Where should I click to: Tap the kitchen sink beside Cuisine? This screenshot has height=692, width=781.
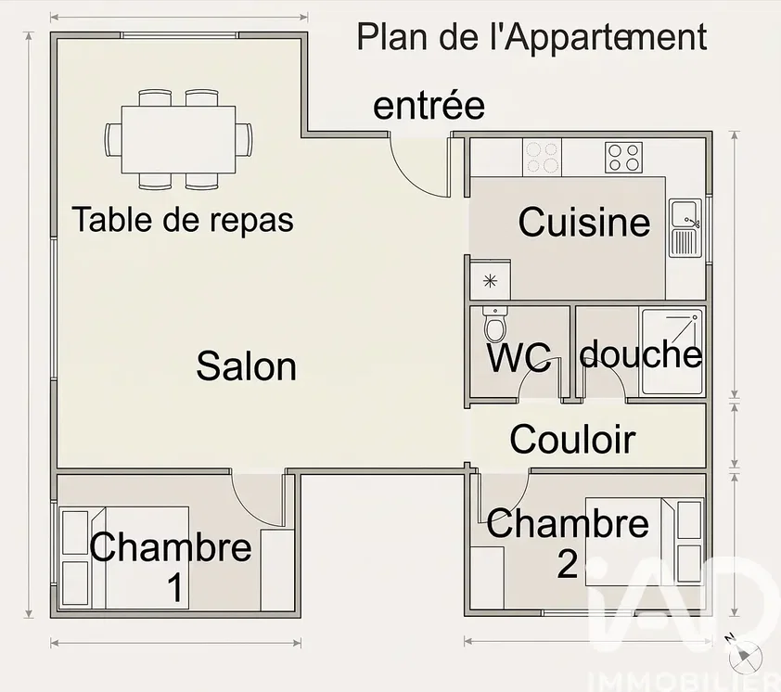tap(685, 227)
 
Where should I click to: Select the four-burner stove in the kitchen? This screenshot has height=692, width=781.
tap(623, 158)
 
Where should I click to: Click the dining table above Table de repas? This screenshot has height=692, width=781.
tap(178, 139)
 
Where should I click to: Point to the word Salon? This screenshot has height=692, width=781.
tap(247, 366)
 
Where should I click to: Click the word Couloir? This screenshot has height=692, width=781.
tap(573, 440)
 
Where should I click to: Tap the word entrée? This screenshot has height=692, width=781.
tap(429, 105)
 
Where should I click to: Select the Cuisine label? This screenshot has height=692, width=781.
tap(584, 222)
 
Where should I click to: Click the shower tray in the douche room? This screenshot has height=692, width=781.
tap(672, 352)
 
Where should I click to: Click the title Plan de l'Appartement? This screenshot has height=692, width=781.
tap(532, 36)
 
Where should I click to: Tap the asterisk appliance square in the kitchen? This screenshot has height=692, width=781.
tap(490, 281)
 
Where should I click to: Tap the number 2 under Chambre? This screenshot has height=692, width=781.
tap(568, 565)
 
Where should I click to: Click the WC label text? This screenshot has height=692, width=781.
tap(519, 357)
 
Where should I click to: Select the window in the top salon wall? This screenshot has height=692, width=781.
tap(180, 35)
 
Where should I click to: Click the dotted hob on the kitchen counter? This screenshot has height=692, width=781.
tap(542, 158)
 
